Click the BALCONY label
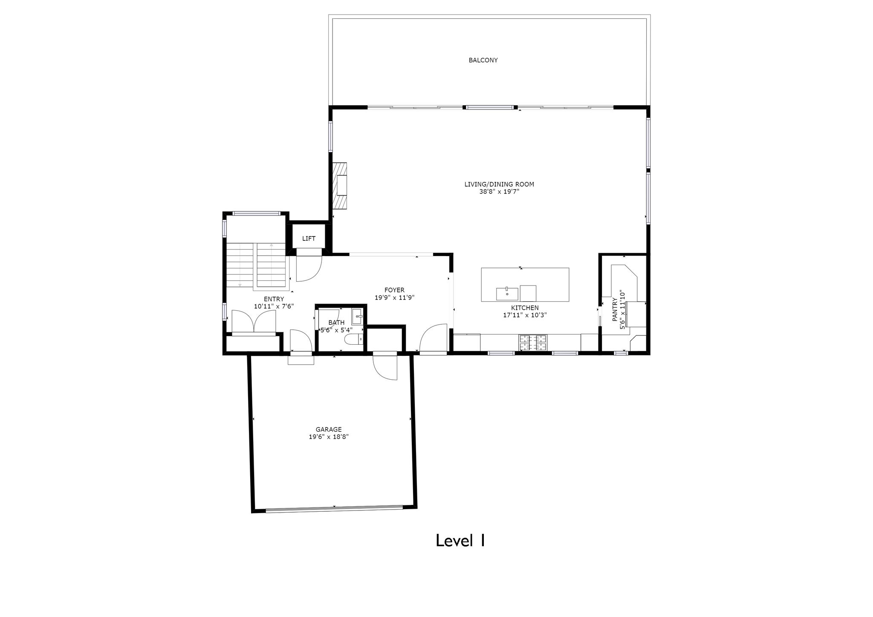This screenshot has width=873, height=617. point(483,61)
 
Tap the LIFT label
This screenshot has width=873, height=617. point(309,239)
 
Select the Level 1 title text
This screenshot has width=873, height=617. point(460,541)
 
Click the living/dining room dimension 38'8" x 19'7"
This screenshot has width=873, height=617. point(499,192)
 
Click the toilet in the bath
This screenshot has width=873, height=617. point(353,340)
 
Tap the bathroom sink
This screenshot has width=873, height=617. point(357,317)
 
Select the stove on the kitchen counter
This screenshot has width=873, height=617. point(532,343)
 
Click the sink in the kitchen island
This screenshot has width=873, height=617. point(507,294)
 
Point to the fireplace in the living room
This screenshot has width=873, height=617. point(340,185)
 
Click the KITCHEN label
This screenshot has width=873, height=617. point(525,308)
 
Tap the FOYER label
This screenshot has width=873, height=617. point(394,290)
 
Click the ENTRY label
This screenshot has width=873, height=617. point(274,299)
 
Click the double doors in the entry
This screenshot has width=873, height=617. point(254,321)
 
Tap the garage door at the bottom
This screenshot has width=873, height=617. point(334,508)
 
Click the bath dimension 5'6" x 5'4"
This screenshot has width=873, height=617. point(336,330)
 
